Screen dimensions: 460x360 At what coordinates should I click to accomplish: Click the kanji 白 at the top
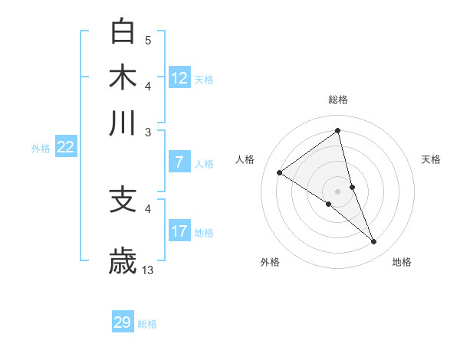pos(123,31)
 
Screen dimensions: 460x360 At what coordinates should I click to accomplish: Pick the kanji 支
pos(123,199)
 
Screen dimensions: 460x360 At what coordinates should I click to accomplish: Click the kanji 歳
pos(123,260)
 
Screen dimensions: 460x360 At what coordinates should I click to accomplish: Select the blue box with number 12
pos(179,78)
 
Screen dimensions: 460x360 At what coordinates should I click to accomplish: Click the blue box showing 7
pos(179,162)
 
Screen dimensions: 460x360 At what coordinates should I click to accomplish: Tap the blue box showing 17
pos(179,231)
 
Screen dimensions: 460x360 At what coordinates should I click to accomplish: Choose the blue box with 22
pos(65,148)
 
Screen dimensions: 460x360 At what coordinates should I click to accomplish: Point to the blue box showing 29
pos(123,322)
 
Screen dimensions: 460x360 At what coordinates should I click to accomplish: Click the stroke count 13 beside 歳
pos(148,270)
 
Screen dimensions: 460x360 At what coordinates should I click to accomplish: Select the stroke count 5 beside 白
pos(148,40)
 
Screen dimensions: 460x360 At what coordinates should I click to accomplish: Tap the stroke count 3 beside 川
pos(148,132)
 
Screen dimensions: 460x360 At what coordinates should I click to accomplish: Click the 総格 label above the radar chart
pos(338,100)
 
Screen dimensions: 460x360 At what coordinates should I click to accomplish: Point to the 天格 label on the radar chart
pos(432,159)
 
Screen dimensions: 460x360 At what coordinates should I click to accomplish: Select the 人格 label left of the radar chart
pos(245,159)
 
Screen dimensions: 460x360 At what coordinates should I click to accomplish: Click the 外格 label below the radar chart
pos(270,262)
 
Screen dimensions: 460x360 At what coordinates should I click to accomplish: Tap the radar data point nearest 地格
pos(374,242)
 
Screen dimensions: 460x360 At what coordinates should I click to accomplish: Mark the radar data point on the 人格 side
pos(280,172)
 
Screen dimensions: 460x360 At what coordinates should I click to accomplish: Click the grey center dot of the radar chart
pos(338,191)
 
